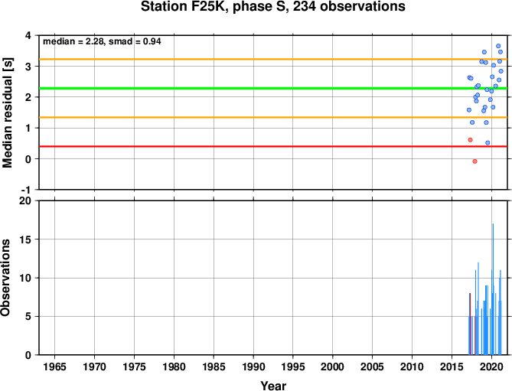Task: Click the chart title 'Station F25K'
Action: click(184, 6)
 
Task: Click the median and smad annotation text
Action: click(102, 41)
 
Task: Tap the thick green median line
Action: click(273, 88)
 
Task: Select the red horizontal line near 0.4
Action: click(273, 146)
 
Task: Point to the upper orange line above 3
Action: click(273, 59)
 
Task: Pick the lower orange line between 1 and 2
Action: click(273, 117)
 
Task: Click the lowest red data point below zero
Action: click(474, 161)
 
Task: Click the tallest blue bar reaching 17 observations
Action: click(493, 289)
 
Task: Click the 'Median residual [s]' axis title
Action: click(7, 112)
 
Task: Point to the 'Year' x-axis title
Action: click(273, 386)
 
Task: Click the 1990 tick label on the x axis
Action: click(253, 367)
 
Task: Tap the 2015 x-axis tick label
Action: click(452, 367)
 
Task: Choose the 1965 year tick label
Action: click(54, 367)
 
